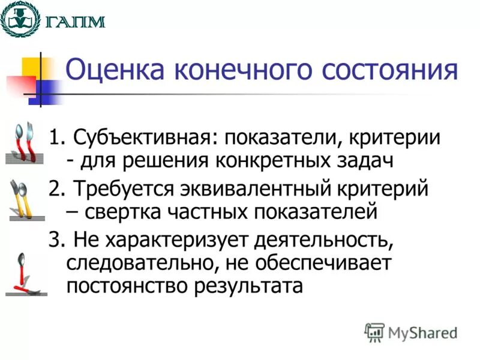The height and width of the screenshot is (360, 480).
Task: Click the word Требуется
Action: coord(122,188)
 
